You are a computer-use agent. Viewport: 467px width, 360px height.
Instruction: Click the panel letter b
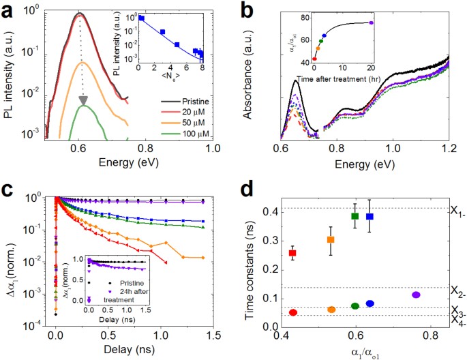coord(250,10)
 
